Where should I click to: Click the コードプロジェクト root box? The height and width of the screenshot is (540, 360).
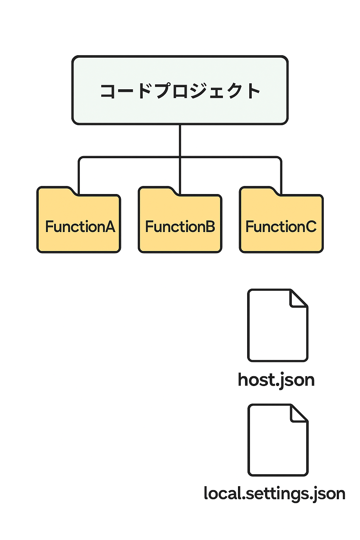(180, 90)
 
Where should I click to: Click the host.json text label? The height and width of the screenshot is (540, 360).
(276, 380)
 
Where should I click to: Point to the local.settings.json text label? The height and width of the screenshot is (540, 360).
(275, 494)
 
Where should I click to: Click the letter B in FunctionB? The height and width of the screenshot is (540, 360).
(210, 227)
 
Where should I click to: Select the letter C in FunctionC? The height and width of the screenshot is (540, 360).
(310, 227)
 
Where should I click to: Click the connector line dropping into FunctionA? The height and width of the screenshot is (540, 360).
(79, 176)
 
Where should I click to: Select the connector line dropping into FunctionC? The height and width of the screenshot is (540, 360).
(281, 176)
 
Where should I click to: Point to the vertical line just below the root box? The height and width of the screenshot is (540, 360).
(180, 141)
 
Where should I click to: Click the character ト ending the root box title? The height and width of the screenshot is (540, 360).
(252, 91)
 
